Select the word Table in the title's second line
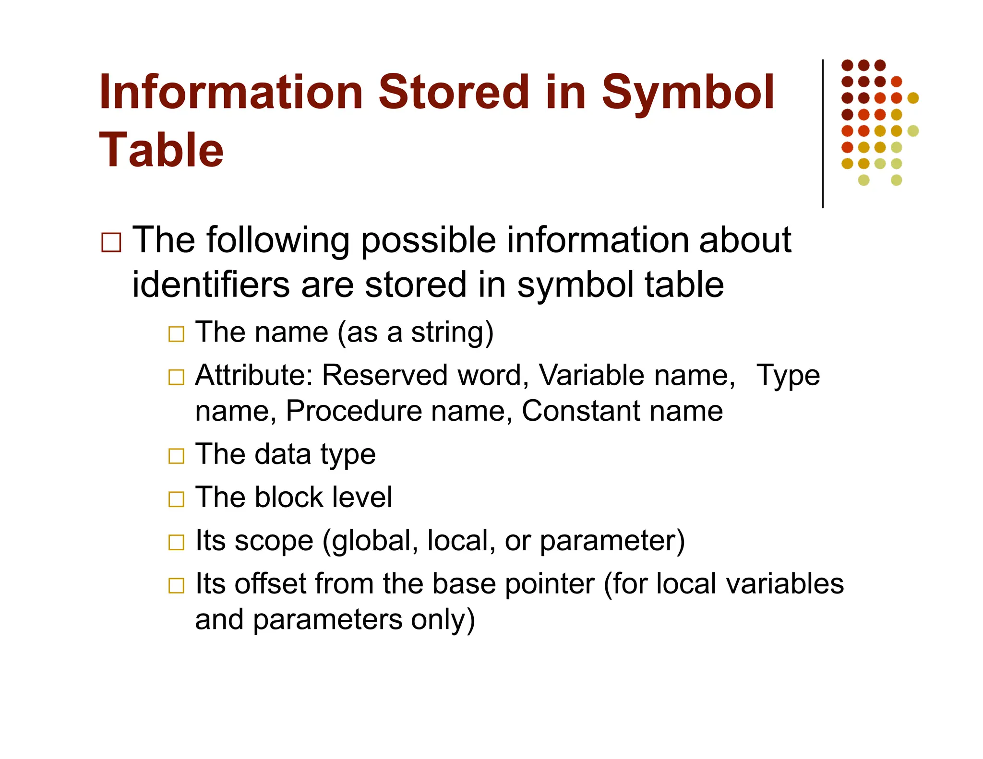coord(161,150)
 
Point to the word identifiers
coord(210,285)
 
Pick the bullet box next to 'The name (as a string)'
coord(176,334)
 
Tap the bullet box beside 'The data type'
coord(176,456)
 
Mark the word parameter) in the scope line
coord(612,542)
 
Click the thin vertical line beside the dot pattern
coord(823,134)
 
